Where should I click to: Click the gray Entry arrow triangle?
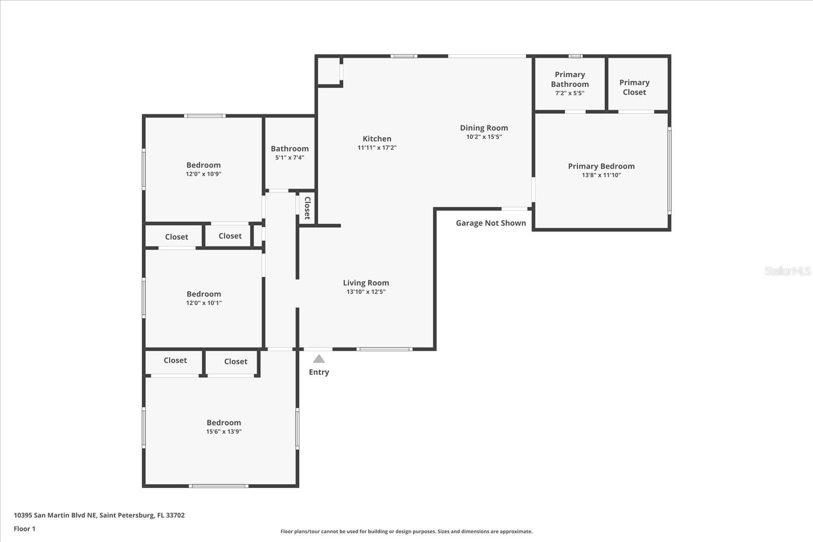[x=319, y=359]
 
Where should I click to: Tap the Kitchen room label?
[x=377, y=139]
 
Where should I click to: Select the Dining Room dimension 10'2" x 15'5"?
[x=484, y=137]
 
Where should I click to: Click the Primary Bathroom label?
[x=570, y=79]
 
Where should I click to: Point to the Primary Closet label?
[x=634, y=87]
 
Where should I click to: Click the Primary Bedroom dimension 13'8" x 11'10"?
[x=601, y=175]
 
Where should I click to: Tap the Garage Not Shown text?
[x=490, y=223]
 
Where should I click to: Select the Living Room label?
[x=366, y=283]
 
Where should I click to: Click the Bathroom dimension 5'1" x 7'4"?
[x=290, y=158]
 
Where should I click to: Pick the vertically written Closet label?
[x=307, y=208]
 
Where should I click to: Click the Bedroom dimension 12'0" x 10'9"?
[x=203, y=174]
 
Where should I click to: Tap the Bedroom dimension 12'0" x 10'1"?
[x=204, y=303]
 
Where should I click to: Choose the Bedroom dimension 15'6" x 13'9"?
[x=224, y=432]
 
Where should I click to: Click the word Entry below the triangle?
[x=319, y=372]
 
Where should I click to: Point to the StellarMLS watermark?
[x=787, y=271]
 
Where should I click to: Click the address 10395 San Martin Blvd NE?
[x=55, y=515]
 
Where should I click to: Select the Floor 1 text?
[x=24, y=529]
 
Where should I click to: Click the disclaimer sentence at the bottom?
[x=407, y=531]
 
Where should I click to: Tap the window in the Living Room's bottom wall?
[x=384, y=349]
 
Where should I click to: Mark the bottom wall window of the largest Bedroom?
[x=218, y=486]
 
